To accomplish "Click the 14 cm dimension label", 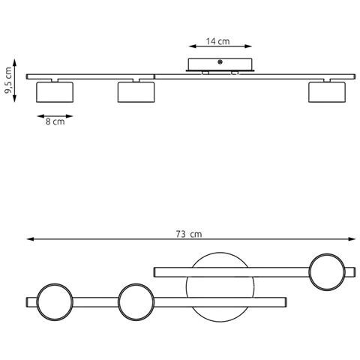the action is (x=217, y=41).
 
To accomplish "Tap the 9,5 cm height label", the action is (x=8, y=80).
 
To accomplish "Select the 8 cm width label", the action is (x=55, y=121).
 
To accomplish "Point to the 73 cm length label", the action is (x=189, y=234).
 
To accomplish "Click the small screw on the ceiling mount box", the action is (x=220, y=62).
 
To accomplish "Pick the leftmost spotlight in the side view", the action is (x=55, y=92).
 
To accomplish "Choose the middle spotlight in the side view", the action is (x=136, y=92).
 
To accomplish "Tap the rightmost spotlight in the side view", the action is (x=327, y=92).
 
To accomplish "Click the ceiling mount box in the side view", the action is (x=220, y=64).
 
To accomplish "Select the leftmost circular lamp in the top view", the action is (x=55, y=284).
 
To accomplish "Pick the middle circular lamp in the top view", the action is (x=136, y=284).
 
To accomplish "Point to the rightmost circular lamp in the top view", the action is (x=327, y=254).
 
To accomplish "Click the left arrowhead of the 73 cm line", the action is (x=30, y=239).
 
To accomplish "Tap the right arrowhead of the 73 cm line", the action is (x=352, y=239).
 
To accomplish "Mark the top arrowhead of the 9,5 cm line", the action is (x=14, y=62).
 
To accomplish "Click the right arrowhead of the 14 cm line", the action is (x=248, y=46).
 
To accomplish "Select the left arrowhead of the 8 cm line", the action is (x=40, y=116).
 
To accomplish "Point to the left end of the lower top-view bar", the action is (x=26, y=302).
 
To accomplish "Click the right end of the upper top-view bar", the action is (x=355, y=272).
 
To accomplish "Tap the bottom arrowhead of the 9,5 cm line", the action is (x=14, y=98).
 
